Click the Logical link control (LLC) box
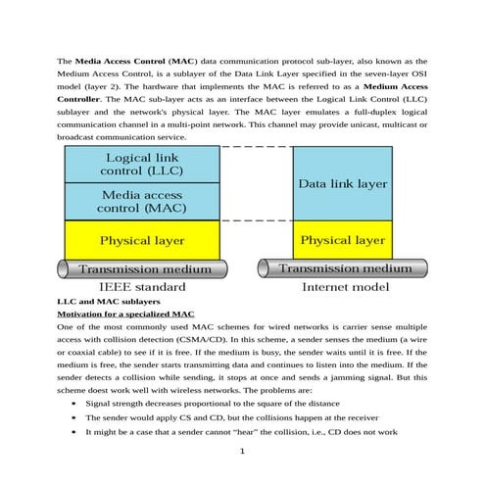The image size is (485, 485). (141, 165)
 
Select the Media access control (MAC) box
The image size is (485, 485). (141, 201)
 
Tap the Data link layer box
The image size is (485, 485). (342, 183)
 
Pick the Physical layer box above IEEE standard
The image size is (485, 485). (141, 240)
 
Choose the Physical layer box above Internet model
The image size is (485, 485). (342, 240)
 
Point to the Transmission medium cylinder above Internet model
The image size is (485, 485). (342, 268)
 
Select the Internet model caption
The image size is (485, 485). (342, 287)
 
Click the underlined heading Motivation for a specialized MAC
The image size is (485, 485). (125, 314)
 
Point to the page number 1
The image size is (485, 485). (242, 451)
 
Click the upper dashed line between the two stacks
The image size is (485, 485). (257, 147)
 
